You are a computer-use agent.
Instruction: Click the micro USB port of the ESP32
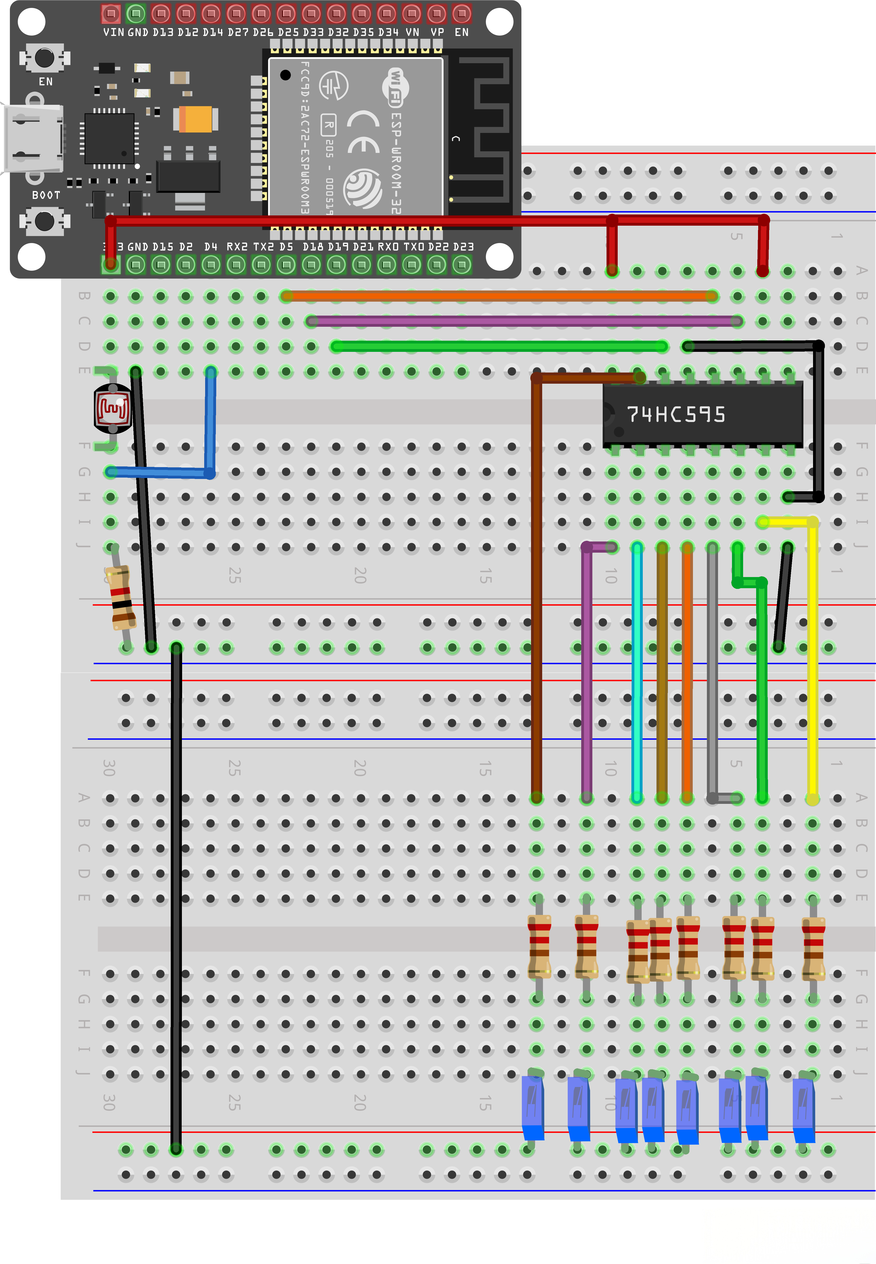click(32, 138)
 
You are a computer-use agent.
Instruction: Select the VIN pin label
click(113, 32)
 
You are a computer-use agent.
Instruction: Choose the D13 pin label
click(163, 32)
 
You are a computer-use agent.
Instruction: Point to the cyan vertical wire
click(637, 670)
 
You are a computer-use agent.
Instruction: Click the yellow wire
click(812, 659)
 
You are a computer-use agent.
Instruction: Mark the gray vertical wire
click(712, 670)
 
